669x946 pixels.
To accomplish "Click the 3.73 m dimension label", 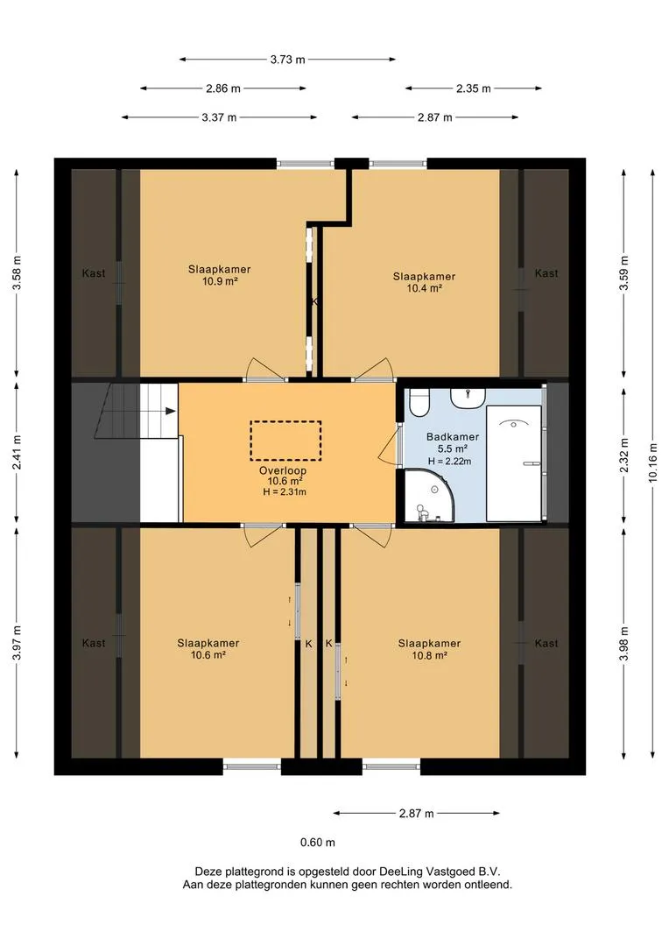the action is [288, 60].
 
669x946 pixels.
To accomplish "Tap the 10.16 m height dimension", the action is [652, 462].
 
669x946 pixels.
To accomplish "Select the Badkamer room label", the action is [453, 437].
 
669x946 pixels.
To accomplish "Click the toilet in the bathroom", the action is [419, 402].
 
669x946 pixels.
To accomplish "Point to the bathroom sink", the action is [468, 399].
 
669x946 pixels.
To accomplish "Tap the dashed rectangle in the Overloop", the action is [285, 441].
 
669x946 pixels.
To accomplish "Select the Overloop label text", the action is [283, 470].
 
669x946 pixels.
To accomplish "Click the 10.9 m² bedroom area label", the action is [220, 281].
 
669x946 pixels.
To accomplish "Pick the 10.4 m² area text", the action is [424, 288].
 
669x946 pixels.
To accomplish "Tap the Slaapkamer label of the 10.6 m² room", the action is [208, 643].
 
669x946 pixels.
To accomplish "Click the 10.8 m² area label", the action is [430, 655].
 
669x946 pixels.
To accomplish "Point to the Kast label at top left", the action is [94, 273].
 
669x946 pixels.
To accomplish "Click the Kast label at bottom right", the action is [546, 643].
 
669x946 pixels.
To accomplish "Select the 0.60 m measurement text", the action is [318, 843].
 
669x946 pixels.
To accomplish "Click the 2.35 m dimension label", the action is [474, 88].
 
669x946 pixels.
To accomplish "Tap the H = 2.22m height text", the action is [449, 461].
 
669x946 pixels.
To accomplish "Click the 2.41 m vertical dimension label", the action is [17, 453].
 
